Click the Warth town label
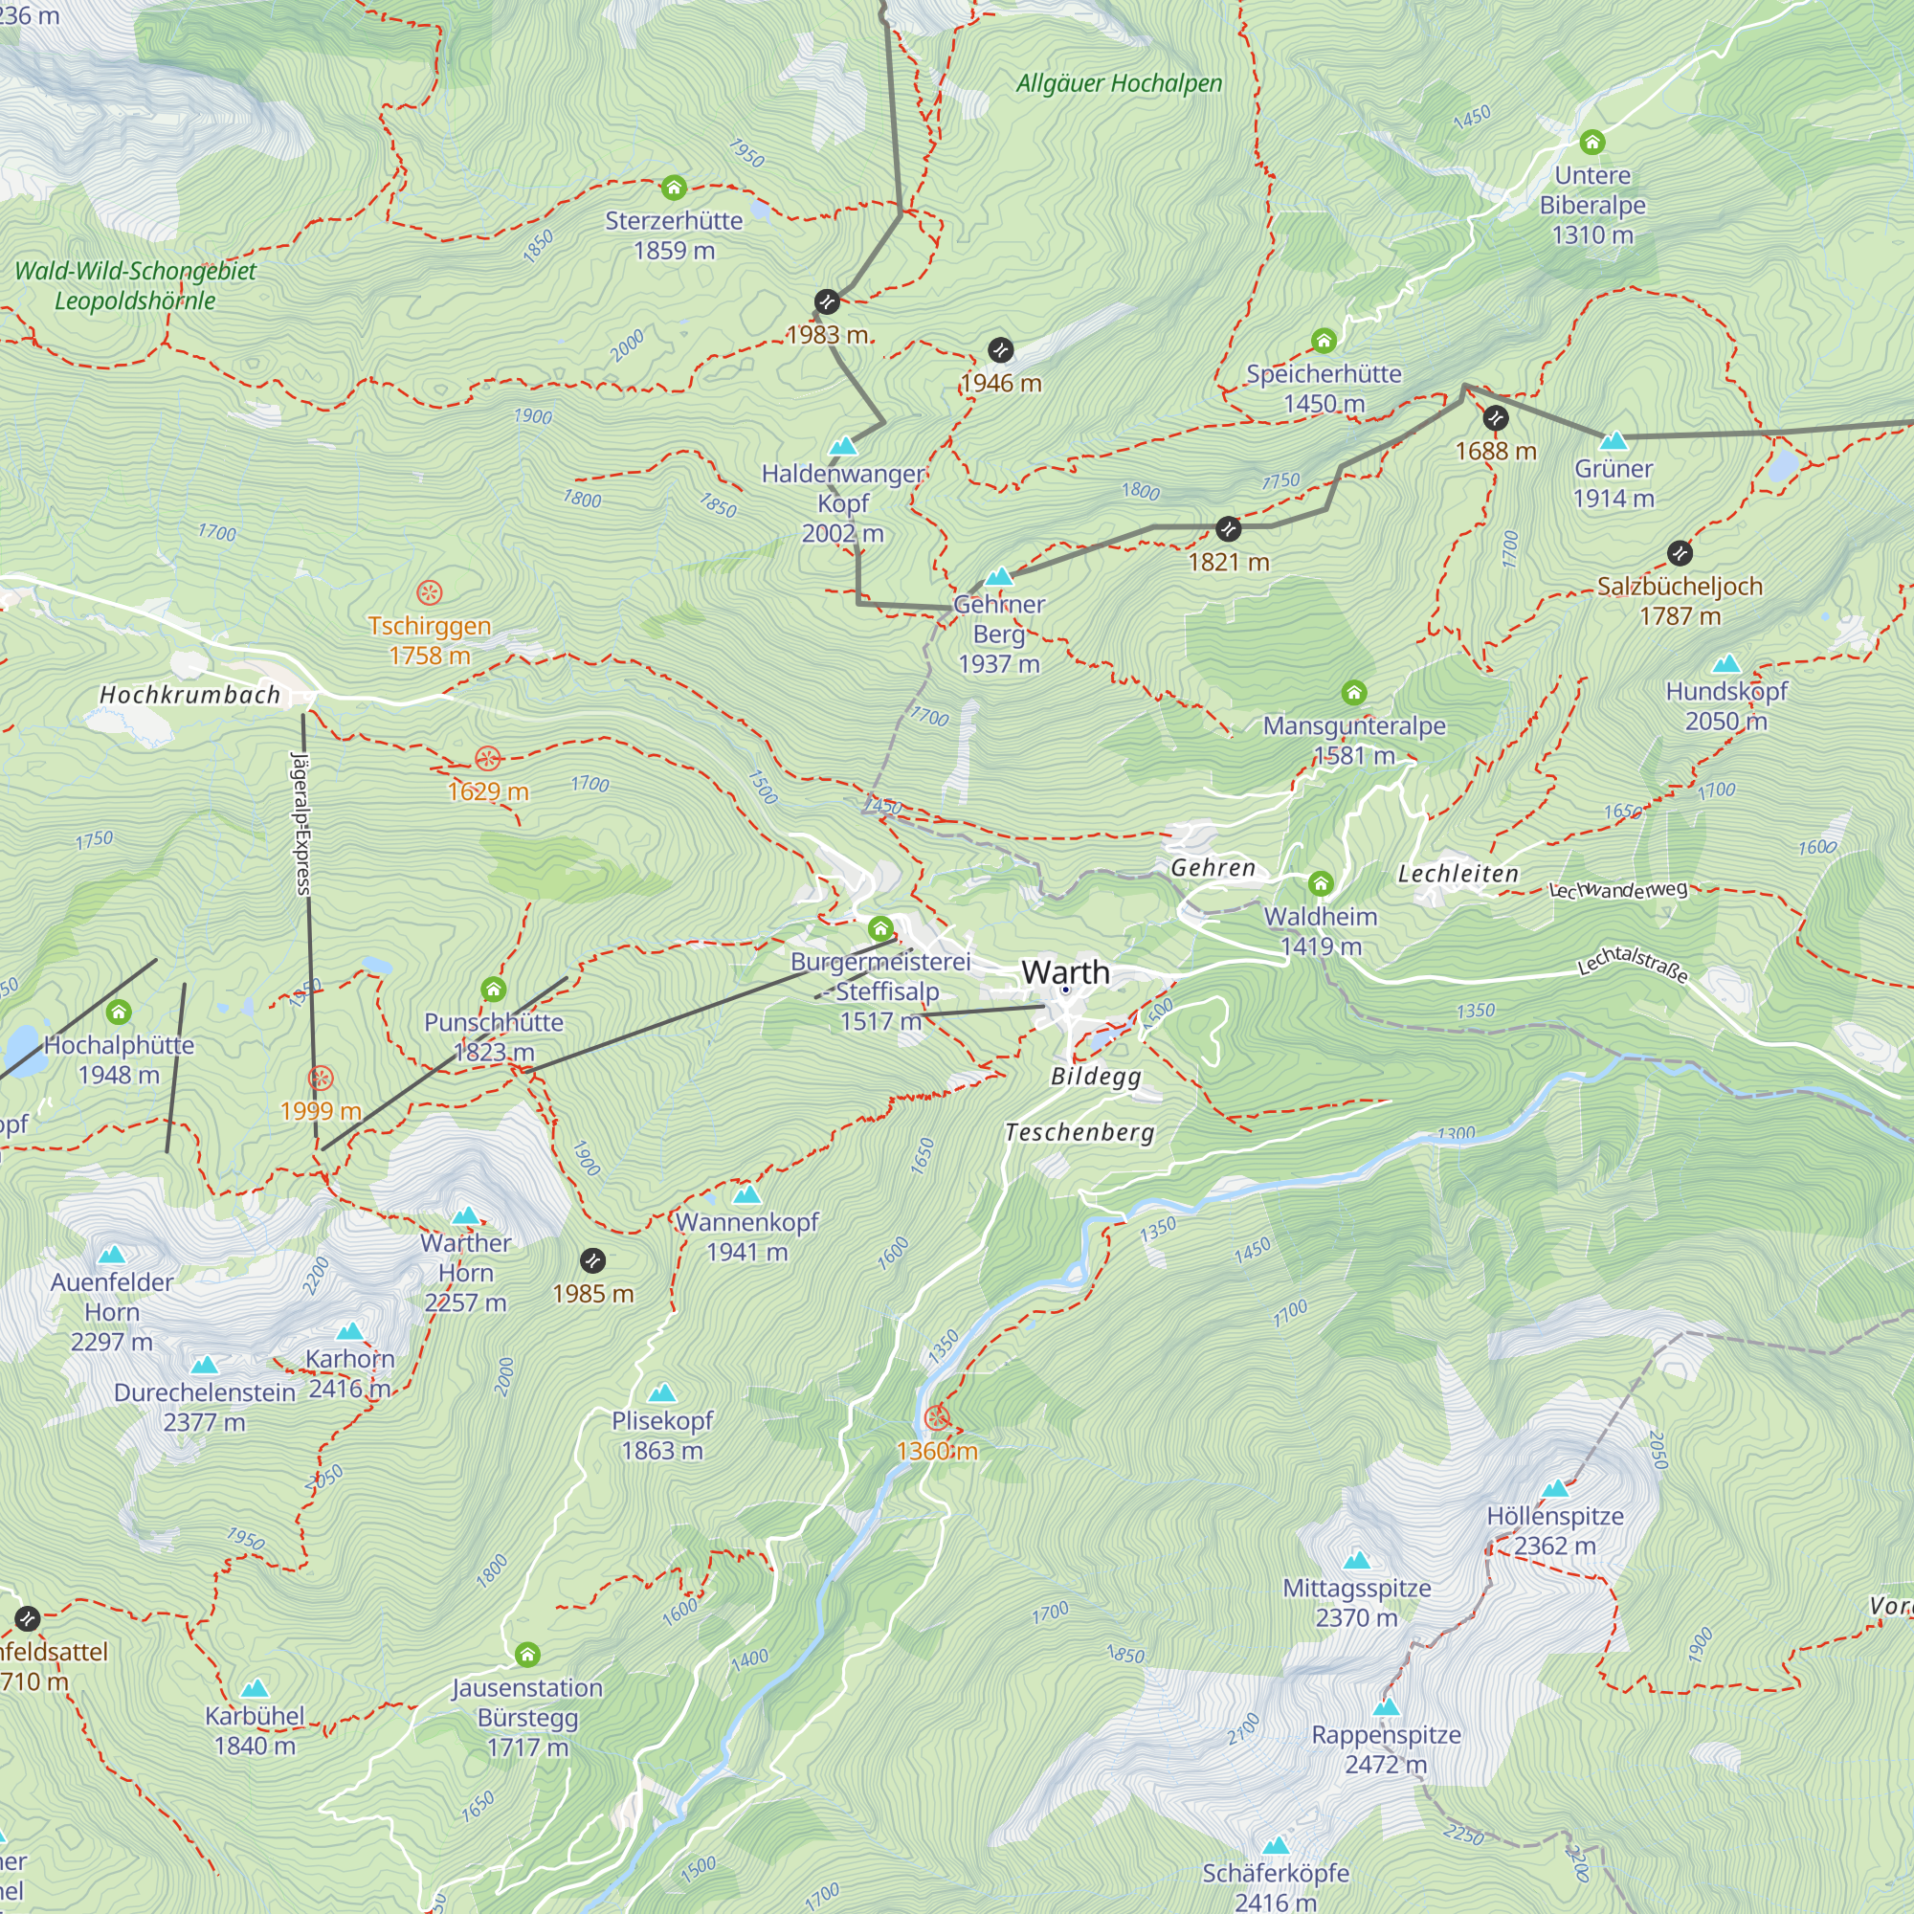(1065, 972)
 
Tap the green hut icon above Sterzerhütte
(674, 188)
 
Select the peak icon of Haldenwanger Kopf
(843, 446)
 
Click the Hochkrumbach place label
(190, 695)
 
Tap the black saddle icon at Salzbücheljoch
(1680, 553)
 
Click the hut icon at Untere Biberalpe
(1592, 142)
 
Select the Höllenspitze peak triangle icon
(1555, 1488)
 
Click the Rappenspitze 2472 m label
(1386, 1749)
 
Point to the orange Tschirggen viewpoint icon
(429, 592)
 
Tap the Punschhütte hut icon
(494, 989)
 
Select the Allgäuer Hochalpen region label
(1120, 83)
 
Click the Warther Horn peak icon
(466, 1215)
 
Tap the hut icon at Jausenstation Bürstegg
(527, 1655)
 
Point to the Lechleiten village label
(1458, 873)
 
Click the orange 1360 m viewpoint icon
(936, 1418)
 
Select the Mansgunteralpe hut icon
(1353, 693)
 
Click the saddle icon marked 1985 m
(592, 1260)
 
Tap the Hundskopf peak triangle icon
(1726, 664)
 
